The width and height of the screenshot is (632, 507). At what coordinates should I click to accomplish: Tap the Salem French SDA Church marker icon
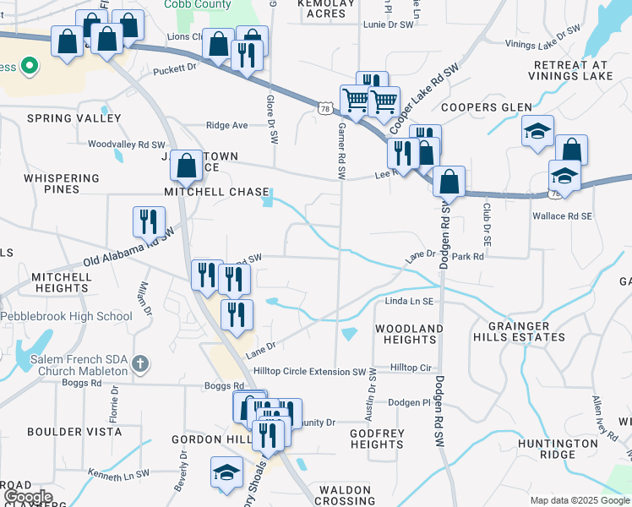point(140,365)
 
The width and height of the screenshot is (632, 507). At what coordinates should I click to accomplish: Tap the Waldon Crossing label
point(346,495)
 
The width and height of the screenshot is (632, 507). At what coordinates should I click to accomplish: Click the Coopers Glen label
point(486,107)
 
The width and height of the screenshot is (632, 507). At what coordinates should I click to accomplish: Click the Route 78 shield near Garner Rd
point(325,108)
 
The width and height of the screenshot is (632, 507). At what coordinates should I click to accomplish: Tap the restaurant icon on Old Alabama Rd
point(149,221)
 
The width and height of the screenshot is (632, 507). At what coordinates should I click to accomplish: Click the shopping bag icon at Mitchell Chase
point(187,166)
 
